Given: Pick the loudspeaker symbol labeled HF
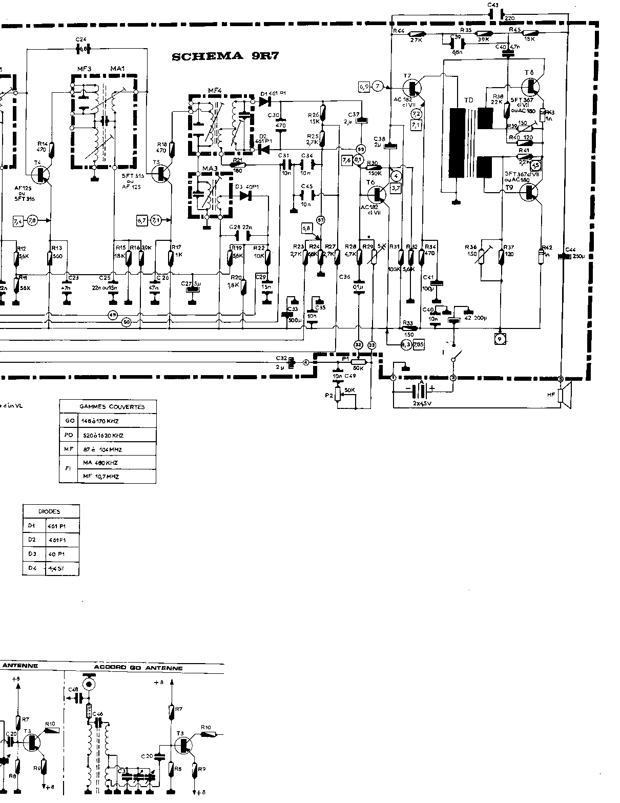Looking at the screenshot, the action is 564,398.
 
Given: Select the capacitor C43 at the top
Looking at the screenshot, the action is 495,14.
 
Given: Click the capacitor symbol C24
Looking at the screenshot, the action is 82,49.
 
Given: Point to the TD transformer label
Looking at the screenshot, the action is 468,100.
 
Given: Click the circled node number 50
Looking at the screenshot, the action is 126,322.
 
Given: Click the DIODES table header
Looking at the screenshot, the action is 50,511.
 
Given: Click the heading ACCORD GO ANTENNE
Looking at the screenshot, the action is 138,668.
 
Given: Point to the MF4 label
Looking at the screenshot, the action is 214,91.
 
